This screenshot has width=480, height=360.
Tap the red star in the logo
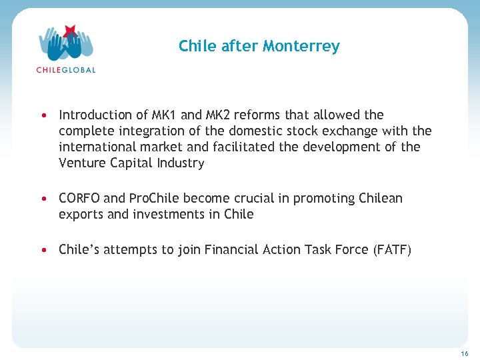click(69, 31)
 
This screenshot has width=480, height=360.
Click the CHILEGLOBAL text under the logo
click(66, 70)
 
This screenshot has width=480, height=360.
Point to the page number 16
click(465, 353)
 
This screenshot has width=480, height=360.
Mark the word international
click(97, 147)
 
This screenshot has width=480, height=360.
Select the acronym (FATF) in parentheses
click(393, 250)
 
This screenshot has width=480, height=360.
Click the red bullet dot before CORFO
click(43, 199)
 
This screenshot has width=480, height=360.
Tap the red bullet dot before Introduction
click(43, 115)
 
